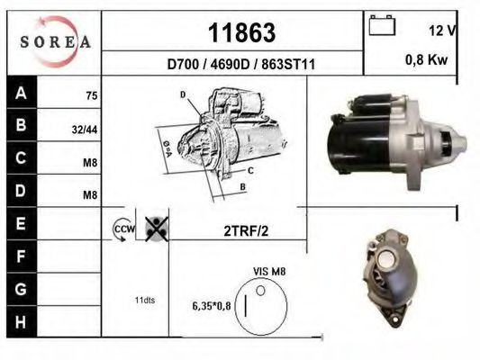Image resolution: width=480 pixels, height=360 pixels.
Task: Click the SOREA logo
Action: coord(55,41)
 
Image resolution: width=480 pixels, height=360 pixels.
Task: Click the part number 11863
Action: coord(240,33)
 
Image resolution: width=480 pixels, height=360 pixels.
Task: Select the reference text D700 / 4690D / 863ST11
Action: coord(240,65)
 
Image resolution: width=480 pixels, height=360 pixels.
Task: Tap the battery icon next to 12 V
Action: coord(383,28)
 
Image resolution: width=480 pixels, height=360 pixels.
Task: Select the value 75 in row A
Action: coord(91,95)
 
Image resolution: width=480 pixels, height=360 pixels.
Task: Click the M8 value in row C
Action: coord(90,162)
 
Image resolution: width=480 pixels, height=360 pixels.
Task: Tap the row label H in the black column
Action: coord(21,321)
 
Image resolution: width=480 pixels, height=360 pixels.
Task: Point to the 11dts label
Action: coord(143,300)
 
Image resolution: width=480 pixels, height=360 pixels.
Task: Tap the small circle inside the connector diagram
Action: coord(261,291)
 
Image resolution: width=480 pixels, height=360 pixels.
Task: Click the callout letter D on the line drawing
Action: coord(182,94)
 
